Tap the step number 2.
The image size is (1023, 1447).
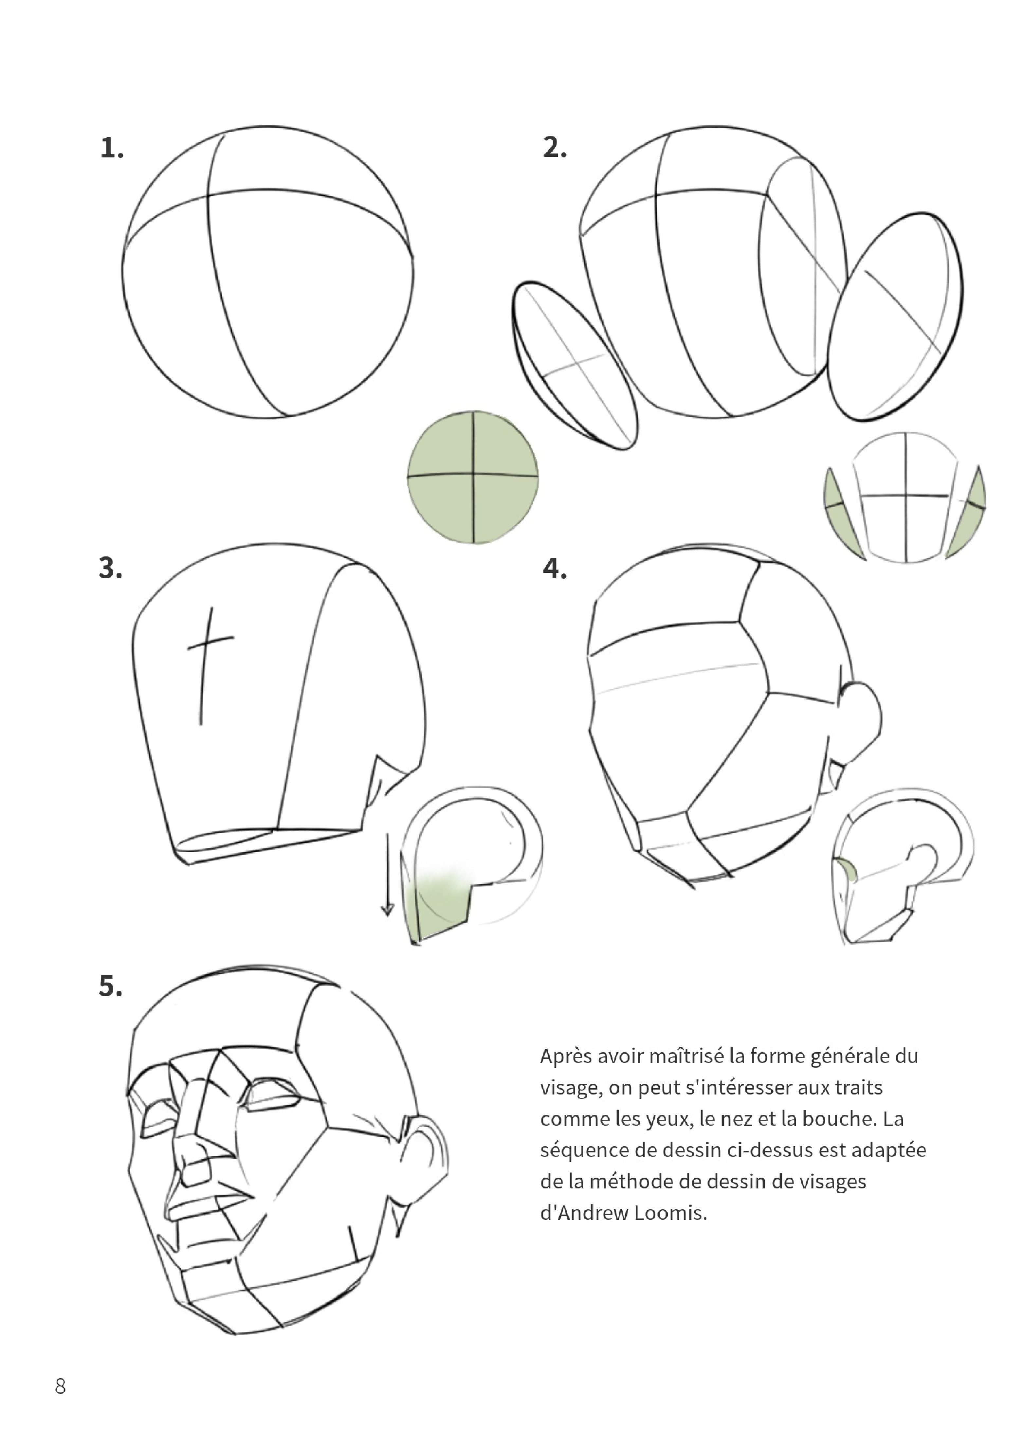[555, 148]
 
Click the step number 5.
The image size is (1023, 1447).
[110, 986]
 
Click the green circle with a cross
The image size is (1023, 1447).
[473, 477]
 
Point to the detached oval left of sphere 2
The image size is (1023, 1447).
[574, 366]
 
